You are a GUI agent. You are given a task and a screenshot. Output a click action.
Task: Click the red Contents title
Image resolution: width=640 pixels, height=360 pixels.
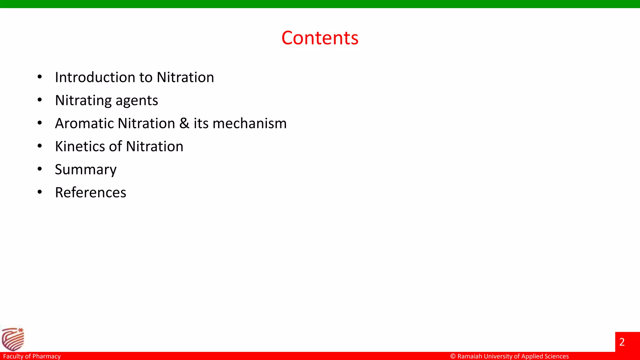pos(320,38)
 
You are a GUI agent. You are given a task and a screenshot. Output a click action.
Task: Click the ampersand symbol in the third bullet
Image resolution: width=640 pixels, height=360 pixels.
pos(184,123)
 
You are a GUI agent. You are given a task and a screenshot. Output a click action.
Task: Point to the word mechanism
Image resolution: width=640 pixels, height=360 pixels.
pos(249,123)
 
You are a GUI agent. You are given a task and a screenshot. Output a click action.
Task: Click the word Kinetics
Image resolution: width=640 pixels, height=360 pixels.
pos(79,146)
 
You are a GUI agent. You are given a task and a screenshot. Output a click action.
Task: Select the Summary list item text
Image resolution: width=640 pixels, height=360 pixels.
pos(86,170)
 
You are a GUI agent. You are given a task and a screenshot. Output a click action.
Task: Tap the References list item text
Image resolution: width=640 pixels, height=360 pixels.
pos(91,192)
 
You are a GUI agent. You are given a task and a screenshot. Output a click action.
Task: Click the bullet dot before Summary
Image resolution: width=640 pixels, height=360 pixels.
pos(40,169)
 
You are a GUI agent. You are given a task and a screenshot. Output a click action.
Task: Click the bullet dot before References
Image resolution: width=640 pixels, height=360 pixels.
pos(40,192)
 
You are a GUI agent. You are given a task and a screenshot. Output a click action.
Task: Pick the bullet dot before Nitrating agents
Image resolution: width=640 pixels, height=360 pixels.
pos(40,100)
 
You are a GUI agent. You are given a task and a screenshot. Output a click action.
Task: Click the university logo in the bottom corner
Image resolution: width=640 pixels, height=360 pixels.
pos(12,339)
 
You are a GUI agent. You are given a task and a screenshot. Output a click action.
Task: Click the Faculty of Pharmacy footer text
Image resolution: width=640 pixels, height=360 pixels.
pos(32,356)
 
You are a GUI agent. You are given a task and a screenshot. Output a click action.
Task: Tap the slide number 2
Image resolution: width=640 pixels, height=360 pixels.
pos(622,342)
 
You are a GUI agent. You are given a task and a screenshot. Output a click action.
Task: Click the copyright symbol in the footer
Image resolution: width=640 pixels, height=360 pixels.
pos(453,356)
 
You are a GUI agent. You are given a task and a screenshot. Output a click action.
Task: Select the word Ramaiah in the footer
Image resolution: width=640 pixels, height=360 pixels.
pos(470,356)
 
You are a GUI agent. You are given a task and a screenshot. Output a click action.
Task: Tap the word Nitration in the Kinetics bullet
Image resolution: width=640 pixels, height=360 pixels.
pos(155,146)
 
